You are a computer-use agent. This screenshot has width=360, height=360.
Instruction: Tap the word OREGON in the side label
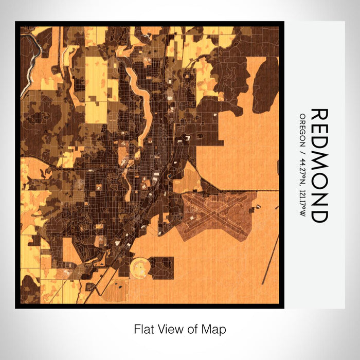point(302,129)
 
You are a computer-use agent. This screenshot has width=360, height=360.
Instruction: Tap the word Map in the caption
point(215,329)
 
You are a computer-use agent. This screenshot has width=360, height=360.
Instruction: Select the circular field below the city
point(140,267)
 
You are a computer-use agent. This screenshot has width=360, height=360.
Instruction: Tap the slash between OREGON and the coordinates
point(302,151)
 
